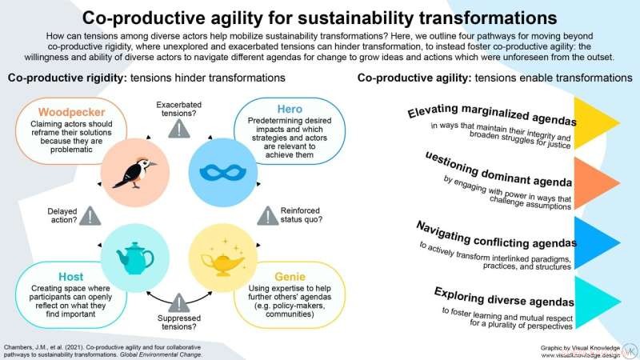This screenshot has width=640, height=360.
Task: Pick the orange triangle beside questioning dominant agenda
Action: point(604,186)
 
